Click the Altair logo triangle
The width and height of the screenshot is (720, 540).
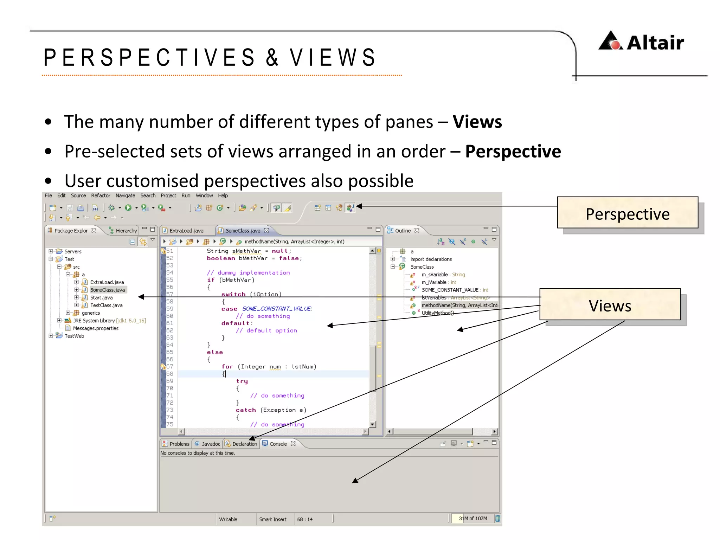[x=611, y=41]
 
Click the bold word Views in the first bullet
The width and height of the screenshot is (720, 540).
[x=477, y=122]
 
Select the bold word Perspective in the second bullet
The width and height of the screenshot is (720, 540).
[x=513, y=152]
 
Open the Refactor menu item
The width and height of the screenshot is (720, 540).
[x=100, y=195]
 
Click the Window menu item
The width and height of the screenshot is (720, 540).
[x=204, y=195]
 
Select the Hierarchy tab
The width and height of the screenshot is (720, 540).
[x=126, y=231]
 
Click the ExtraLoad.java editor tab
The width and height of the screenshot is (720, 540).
[x=186, y=231]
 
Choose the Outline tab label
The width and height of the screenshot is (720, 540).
[x=403, y=231]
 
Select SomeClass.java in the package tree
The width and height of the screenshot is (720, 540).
[x=107, y=290]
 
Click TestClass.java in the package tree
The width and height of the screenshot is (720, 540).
[x=106, y=305]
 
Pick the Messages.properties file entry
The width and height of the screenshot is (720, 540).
[x=96, y=328]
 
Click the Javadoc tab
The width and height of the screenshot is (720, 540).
[x=211, y=444]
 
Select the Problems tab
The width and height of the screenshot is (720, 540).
[x=179, y=444]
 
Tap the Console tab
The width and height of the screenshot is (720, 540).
[x=278, y=444]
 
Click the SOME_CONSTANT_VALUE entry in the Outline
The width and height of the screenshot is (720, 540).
[x=450, y=290]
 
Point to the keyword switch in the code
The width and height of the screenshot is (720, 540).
[x=233, y=294]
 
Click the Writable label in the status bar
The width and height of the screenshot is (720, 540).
[x=228, y=519]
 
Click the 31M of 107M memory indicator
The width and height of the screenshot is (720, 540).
[x=472, y=519]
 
